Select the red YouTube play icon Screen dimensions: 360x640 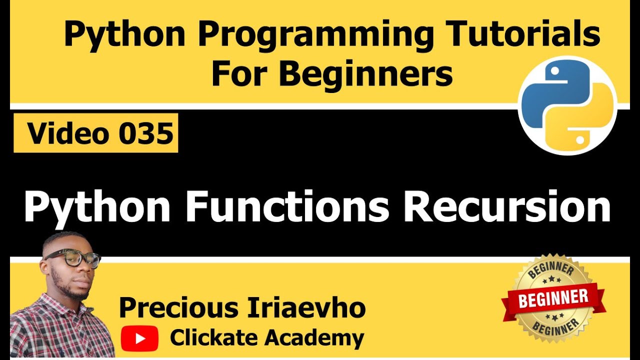(x=139, y=338)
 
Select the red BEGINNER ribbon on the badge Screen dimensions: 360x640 (x=553, y=299)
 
